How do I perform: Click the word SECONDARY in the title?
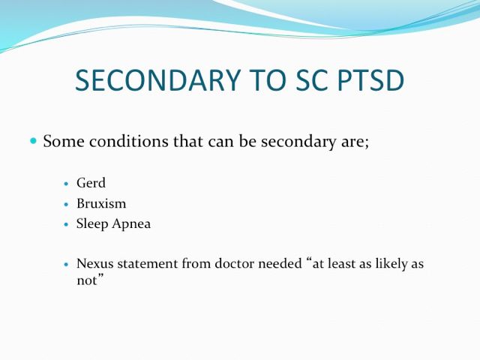click(x=157, y=80)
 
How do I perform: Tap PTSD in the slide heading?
click(x=370, y=80)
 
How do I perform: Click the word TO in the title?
click(x=267, y=80)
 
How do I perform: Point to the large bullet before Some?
click(x=33, y=141)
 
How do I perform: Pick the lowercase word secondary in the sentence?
click(x=298, y=142)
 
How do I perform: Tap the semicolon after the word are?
click(x=367, y=143)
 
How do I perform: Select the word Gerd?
click(x=91, y=183)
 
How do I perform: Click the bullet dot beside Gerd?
click(x=66, y=184)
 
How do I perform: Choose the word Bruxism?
click(x=101, y=203)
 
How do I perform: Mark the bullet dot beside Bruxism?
click(x=66, y=204)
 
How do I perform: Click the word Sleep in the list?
click(x=92, y=224)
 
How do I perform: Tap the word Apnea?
click(x=131, y=224)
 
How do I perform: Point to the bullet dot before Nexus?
click(x=67, y=264)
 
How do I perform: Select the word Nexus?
click(x=95, y=263)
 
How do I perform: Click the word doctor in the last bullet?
click(x=235, y=263)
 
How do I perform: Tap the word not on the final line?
click(x=87, y=280)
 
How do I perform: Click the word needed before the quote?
click(x=280, y=263)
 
